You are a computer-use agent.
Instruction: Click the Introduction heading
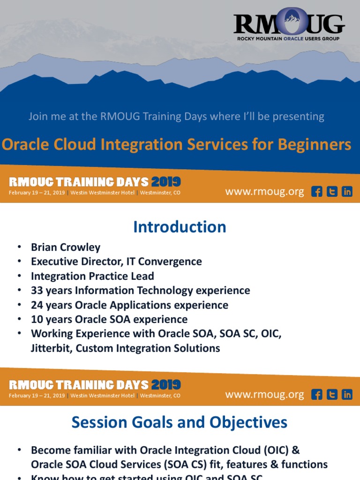(x=180, y=227)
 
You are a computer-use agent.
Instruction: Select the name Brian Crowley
(x=66, y=247)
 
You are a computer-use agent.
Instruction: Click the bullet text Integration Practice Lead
(x=92, y=276)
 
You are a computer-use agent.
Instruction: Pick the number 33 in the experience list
(x=37, y=291)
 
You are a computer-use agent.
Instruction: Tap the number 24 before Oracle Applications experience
(x=37, y=305)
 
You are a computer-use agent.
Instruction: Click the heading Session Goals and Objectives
(x=180, y=422)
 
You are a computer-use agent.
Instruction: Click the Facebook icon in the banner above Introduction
(x=317, y=192)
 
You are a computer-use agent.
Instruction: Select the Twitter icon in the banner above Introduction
(x=332, y=192)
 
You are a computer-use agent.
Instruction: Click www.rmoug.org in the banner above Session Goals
(x=264, y=395)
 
